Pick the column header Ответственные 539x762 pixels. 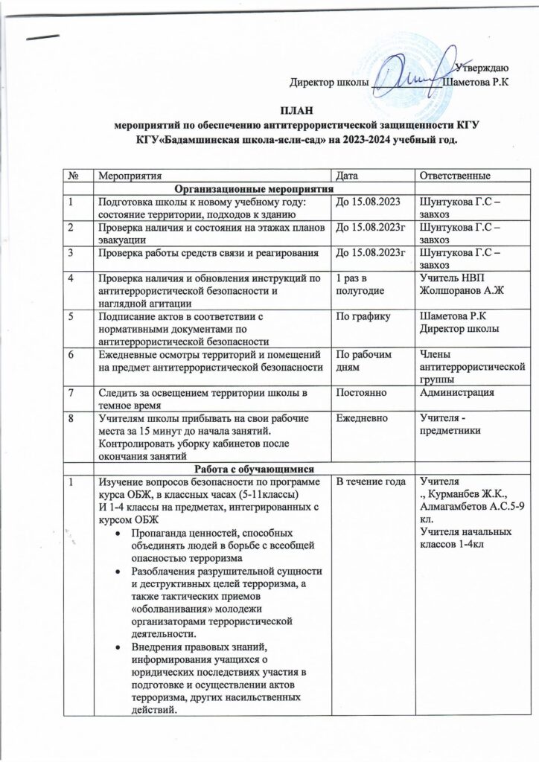(x=454, y=175)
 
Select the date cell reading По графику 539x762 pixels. (x=364, y=316)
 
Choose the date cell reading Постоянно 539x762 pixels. (x=363, y=391)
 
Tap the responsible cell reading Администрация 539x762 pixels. (x=456, y=391)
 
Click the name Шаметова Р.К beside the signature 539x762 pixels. (x=476, y=81)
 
